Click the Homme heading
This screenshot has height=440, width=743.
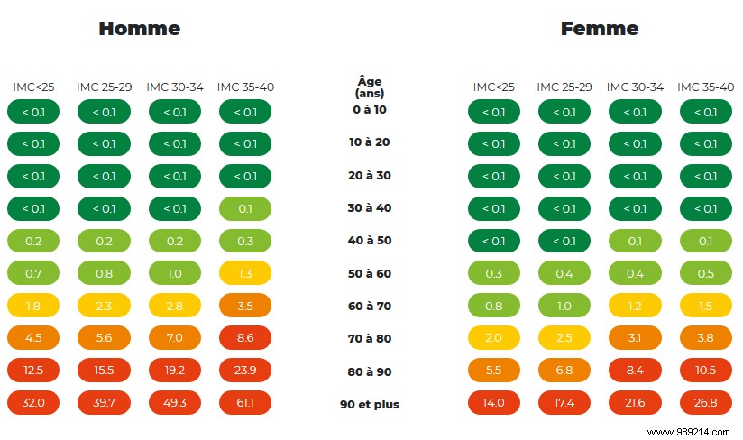coord(139,29)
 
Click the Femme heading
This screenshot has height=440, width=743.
coord(600,29)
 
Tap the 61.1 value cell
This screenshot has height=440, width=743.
coord(244,402)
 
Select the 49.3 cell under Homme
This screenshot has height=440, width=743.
coord(174,402)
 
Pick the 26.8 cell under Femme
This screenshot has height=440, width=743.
coord(705,402)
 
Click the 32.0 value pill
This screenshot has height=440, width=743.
coord(33,402)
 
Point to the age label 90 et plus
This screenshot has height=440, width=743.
coord(369,404)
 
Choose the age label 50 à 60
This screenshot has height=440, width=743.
coord(369,273)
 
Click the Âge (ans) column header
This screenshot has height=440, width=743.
coord(369,87)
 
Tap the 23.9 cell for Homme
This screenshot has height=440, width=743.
coord(244,370)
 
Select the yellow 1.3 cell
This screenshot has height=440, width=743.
coord(244,273)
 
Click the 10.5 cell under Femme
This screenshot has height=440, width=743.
coord(705,370)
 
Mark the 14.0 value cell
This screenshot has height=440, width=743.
coord(494,402)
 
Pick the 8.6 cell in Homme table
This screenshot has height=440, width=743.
coord(244,338)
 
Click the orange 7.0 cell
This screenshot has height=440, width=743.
coord(174,338)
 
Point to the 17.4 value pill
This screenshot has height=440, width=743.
coord(564,402)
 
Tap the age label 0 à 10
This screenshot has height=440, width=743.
coord(369,110)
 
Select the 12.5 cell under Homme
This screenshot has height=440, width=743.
coord(33,370)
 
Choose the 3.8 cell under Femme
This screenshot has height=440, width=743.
coord(705,338)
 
